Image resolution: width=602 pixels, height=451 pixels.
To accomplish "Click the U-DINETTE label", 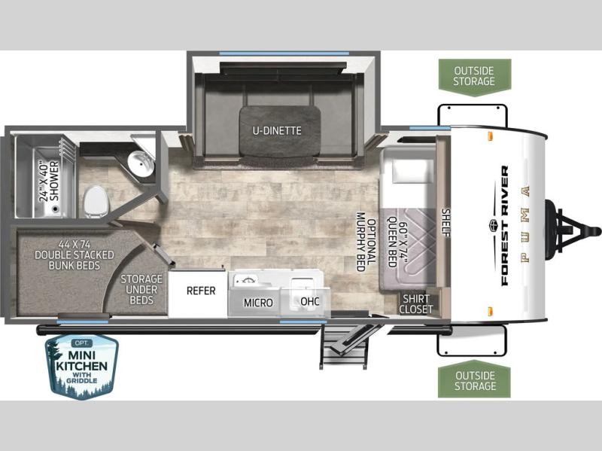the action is coord(276,130).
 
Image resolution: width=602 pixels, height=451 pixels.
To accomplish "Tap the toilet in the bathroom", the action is coord(96,202).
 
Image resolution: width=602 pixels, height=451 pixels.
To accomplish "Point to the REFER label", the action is coord(201,291).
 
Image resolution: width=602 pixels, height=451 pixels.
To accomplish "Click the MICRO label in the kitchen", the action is coord(258,303).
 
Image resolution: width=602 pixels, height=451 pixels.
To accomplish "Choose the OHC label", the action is coord(309,301).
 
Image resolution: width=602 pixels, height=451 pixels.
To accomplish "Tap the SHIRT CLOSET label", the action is coord(416,304).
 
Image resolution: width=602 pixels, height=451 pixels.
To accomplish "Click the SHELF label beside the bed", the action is coord(446,223).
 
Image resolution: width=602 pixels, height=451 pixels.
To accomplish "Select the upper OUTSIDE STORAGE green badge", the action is coord(475,76).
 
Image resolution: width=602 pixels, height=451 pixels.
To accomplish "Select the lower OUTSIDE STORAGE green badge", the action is coord(474,379).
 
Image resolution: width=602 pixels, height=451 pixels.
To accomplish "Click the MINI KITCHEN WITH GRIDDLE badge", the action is coord(82,366).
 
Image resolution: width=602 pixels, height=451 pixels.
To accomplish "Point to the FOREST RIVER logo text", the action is coord(504,226).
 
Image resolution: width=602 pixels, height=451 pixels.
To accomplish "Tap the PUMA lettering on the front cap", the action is coord(525,224).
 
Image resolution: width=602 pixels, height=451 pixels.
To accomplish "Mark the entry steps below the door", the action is coord(344,346).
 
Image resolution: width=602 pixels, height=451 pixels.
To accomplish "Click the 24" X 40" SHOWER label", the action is coord(50,181).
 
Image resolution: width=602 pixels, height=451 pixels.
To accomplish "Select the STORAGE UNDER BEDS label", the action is coord(141,289).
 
